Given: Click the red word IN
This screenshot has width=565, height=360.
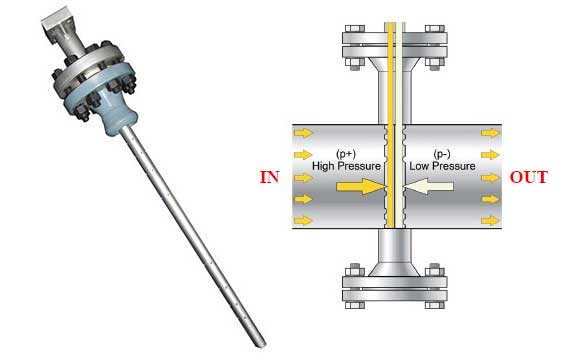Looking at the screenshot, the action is click(x=270, y=177).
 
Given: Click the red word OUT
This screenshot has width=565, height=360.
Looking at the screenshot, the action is click(x=529, y=177).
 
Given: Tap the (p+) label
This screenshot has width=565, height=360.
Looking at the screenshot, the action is click(x=346, y=154).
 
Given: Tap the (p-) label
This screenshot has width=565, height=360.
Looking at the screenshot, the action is click(x=441, y=154).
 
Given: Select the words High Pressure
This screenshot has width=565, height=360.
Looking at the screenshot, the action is click(x=346, y=166).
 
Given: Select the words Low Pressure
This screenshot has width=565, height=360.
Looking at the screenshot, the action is click(x=442, y=166).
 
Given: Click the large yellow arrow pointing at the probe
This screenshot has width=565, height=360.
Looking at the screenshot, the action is click(x=361, y=186).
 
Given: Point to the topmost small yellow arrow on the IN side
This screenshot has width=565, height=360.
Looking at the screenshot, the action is click(x=303, y=133).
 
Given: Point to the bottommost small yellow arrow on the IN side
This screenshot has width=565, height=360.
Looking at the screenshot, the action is click(x=303, y=220).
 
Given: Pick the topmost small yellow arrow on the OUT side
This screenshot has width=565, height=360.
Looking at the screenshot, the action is click(x=491, y=133).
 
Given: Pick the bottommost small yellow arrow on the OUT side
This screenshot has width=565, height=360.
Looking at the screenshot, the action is click(x=491, y=220).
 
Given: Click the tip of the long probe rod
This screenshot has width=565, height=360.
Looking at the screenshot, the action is click(x=262, y=345).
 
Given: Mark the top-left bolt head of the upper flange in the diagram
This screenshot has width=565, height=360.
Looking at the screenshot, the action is click(x=355, y=28).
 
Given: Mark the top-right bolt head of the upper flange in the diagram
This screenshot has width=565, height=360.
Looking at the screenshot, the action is click(x=435, y=28).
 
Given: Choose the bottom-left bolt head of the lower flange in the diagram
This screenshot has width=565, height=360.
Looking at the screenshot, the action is click(x=355, y=305).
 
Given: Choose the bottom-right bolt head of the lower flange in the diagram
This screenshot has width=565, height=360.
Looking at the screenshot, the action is click(x=435, y=305).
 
